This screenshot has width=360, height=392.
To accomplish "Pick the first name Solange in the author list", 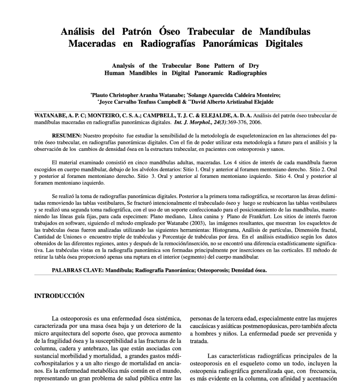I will tap(198, 95).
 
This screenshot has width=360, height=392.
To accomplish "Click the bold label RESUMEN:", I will tap(67, 136).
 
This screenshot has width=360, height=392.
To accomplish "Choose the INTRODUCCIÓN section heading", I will tap(60, 296).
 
